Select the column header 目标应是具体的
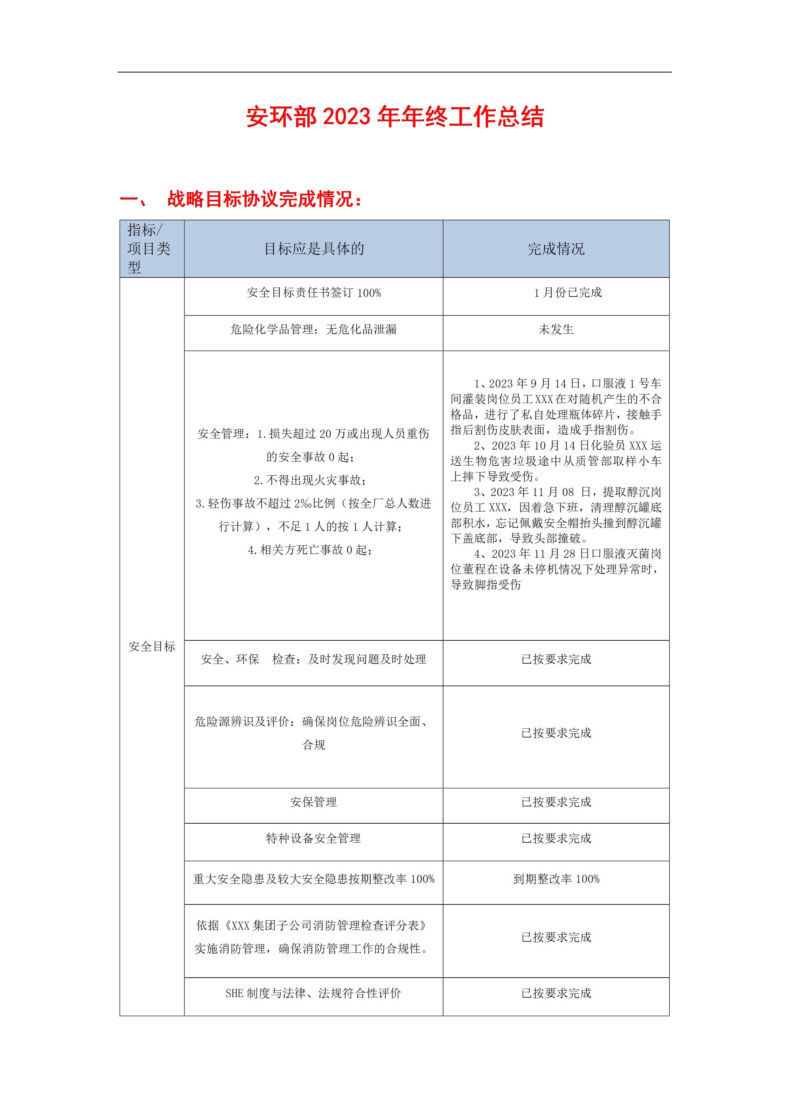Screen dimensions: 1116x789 click(314, 249)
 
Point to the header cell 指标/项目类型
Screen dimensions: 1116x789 click(151, 248)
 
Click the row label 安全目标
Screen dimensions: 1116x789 click(152, 646)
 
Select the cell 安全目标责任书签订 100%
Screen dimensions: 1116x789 click(314, 293)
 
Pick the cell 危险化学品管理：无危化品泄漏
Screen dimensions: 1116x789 click(314, 330)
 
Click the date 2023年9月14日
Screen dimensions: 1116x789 click(532, 383)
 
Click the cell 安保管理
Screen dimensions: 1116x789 click(314, 802)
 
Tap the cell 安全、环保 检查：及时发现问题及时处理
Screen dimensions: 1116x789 click(314, 659)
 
